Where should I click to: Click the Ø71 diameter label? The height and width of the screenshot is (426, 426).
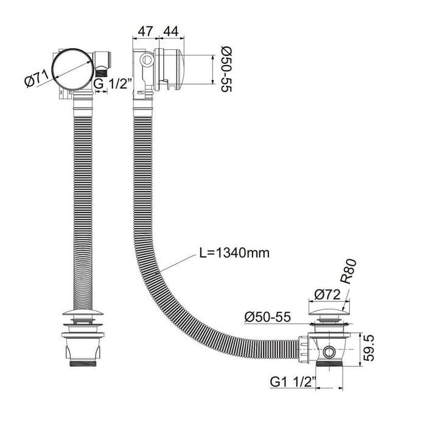[x=36, y=79]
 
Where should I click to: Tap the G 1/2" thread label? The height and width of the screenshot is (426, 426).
[x=112, y=84]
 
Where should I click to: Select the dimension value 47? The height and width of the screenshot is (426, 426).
[x=145, y=32]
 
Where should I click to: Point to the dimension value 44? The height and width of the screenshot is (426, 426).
[x=171, y=32]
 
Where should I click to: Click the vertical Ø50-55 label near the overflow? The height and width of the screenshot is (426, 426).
[x=226, y=69]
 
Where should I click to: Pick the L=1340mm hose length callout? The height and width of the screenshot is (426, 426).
[x=234, y=253]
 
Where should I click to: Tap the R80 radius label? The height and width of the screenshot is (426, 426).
[x=348, y=271]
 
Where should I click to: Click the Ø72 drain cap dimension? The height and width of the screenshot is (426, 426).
[x=327, y=294]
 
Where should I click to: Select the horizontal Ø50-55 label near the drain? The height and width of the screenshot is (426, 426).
[x=267, y=317]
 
